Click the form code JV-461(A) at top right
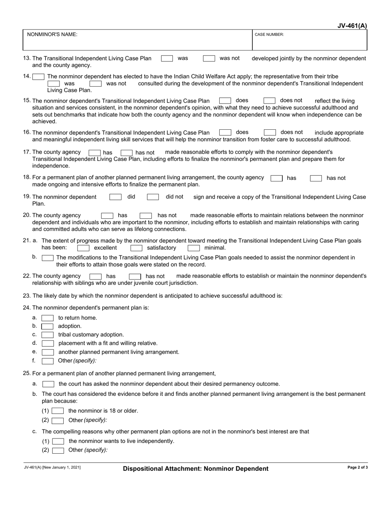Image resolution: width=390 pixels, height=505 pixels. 352,26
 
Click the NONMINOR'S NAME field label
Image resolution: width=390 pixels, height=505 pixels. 52,34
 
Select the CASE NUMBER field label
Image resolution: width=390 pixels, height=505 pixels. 269,35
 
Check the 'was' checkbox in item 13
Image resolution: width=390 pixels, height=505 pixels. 167,59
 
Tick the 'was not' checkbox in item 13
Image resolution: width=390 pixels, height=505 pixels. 209,59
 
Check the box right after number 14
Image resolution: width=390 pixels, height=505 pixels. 39,77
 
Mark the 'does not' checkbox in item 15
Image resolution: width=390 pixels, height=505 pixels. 269,101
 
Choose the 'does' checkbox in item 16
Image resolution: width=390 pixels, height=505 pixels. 225,133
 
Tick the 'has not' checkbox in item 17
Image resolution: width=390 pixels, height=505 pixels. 126,153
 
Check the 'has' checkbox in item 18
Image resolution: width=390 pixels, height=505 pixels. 276,178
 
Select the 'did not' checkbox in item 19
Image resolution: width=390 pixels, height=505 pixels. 153,197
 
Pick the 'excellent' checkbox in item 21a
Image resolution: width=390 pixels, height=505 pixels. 83,248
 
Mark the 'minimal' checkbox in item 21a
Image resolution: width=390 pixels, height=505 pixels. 194,248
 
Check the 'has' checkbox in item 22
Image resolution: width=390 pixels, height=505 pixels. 96,277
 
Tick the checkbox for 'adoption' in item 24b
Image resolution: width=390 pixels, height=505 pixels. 48,326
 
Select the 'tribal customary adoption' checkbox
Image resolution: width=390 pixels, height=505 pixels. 48,335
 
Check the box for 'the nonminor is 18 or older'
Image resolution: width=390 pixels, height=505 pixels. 58,411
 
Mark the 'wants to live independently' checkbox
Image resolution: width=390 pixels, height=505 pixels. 58,441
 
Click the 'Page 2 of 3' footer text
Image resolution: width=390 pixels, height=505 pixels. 358,468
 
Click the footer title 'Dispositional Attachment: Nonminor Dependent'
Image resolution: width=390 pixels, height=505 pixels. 196,468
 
